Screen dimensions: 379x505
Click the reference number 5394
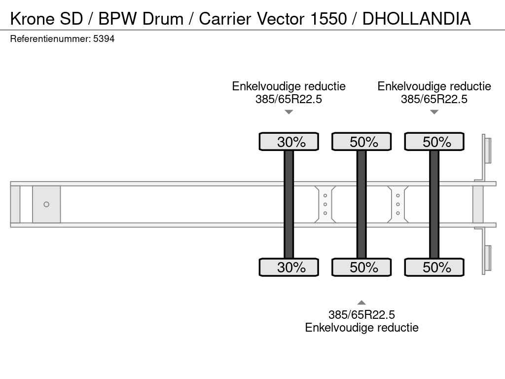tap(104, 38)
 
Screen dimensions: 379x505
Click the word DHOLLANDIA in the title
tap(416, 18)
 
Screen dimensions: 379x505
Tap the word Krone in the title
tap(33, 18)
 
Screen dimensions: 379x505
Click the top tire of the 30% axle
tap(289, 142)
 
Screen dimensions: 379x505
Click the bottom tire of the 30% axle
tap(289, 267)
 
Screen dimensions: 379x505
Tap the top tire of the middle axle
tap(361, 142)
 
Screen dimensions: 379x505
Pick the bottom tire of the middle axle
tap(361, 267)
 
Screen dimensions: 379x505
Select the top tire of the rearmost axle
tap(434, 142)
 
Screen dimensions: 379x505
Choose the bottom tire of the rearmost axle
tap(434, 267)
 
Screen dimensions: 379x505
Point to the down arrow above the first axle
tap(289, 112)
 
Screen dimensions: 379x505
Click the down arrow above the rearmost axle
tap(434, 112)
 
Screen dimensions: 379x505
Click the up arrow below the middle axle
tap(361, 303)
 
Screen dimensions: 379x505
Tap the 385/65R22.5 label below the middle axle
tap(361, 315)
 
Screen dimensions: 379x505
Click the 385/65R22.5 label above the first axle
tap(289, 99)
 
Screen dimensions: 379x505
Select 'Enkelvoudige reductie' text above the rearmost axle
tap(434, 86)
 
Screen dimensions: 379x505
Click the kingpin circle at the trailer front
tap(46, 204)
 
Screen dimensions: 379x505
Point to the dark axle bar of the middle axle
tap(361, 204)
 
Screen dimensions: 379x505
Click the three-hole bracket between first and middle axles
tap(325, 204)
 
